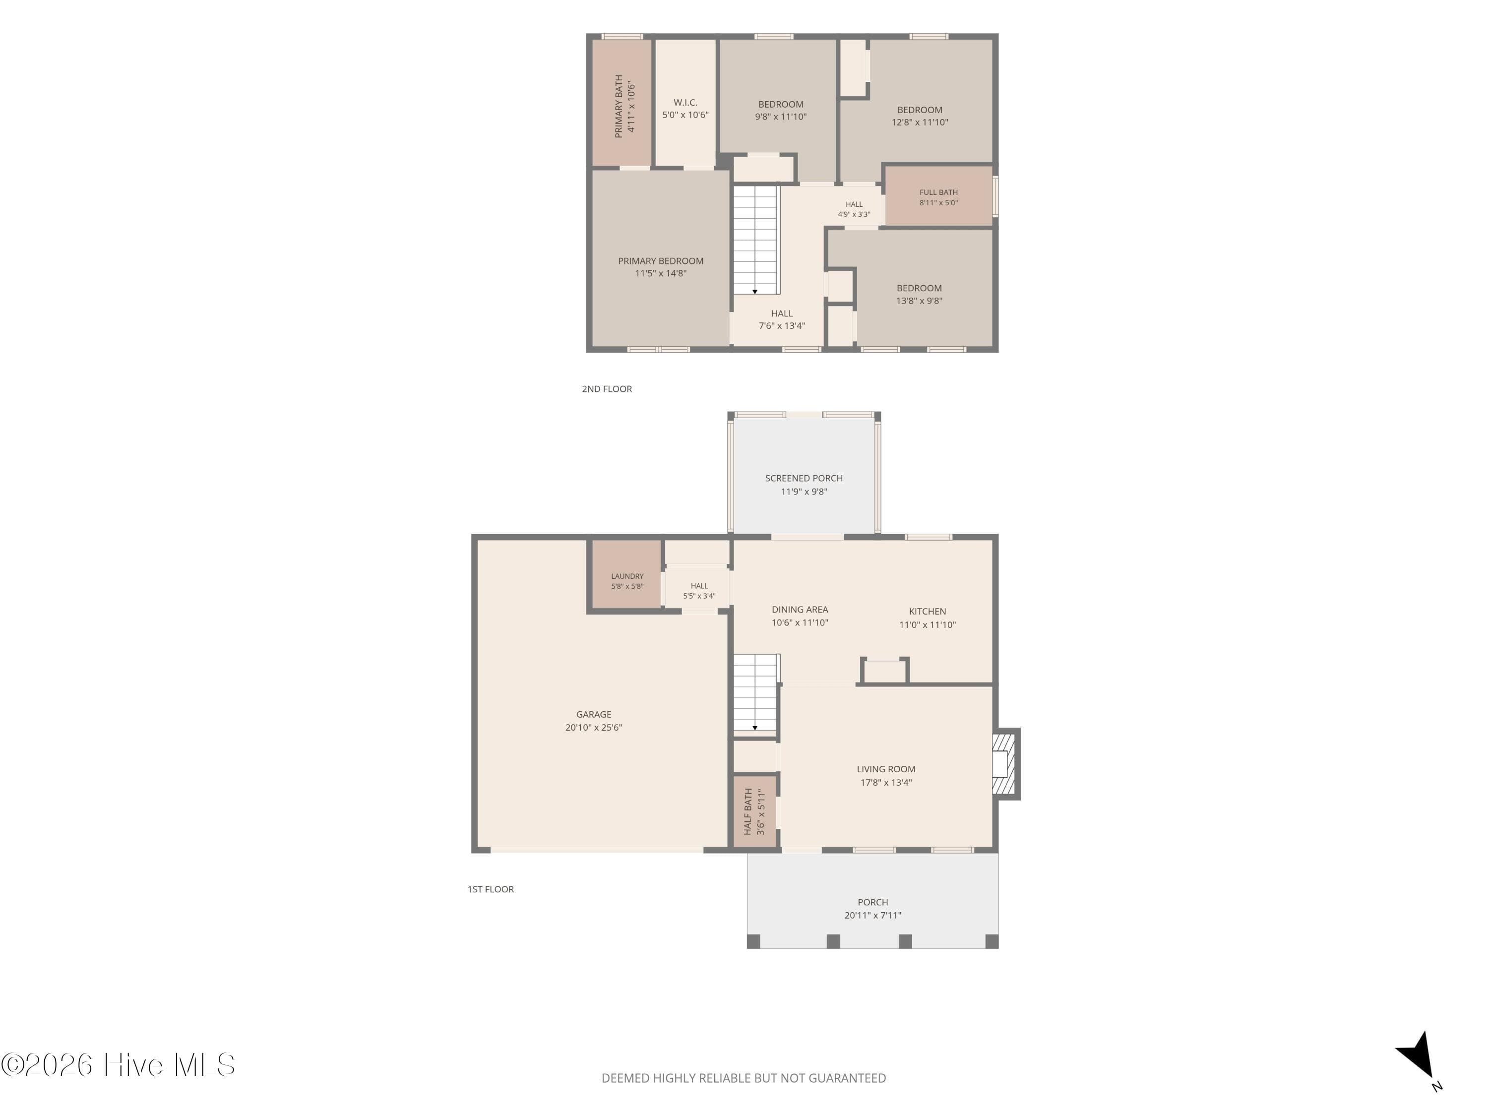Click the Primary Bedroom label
click(661, 261)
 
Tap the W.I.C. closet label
click(685, 102)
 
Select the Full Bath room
click(938, 196)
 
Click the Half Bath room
click(755, 812)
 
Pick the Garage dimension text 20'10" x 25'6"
click(593, 727)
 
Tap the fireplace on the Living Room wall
click(1006, 763)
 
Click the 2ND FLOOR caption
click(607, 389)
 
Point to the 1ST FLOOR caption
click(491, 889)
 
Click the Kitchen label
click(927, 612)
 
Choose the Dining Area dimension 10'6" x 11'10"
click(800, 623)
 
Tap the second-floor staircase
click(755, 240)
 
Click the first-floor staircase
click(755, 693)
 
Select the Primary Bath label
click(619, 106)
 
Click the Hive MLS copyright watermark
click(119, 1065)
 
